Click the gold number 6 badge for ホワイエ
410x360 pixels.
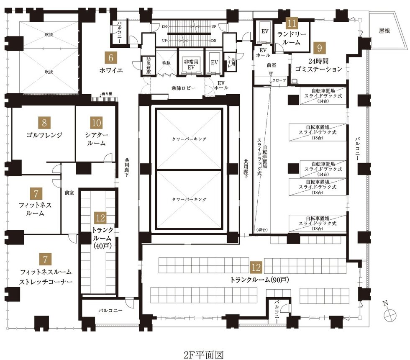pyautogui.click(x=110, y=58)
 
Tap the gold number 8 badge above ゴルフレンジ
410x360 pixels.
pyautogui.click(x=44, y=123)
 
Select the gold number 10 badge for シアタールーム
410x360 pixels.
pyautogui.click(x=96, y=123)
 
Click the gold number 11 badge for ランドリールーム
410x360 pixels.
pyautogui.click(x=292, y=23)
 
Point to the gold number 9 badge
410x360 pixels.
pyautogui.click(x=319, y=48)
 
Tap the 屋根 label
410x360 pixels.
pyautogui.click(x=384, y=31)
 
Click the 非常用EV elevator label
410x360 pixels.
pyautogui.click(x=191, y=64)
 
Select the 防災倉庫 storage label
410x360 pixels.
pyautogui.click(x=149, y=65)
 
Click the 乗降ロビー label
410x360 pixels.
pyautogui.click(x=184, y=88)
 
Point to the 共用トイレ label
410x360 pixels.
pyautogui.click(x=231, y=62)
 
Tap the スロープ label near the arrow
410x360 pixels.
pyautogui.click(x=279, y=80)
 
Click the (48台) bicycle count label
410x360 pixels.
pyautogui.click(x=262, y=230)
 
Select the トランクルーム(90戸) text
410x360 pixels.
pyautogui.click(x=259, y=280)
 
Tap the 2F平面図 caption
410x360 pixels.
pyautogui.click(x=204, y=355)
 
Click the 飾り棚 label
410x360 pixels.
pyautogui.click(x=107, y=94)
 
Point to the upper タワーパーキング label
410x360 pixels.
pyautogui.click(x=189, y=139)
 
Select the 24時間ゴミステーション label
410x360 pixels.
pyautogui.click(x=318, y=65)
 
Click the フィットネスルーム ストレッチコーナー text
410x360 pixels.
pyautogui.click(x=46, y=277)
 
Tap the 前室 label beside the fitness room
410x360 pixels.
pyautogui.click(x=69, y=193)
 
